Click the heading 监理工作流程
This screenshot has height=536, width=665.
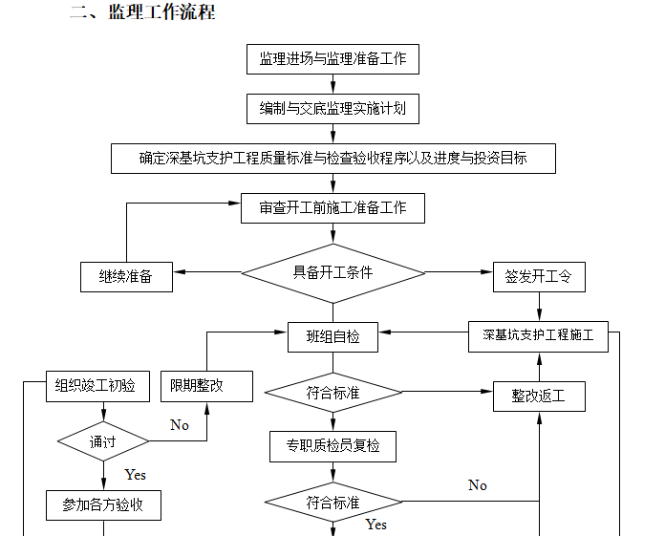[x=142, y=12]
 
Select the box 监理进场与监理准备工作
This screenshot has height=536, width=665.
[x=332, y=59]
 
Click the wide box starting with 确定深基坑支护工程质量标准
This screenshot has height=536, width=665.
[x=332, y=159]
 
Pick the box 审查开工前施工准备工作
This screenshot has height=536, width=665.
[x=332, y=208]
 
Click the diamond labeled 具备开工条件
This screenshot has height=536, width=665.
[x=332, y=273]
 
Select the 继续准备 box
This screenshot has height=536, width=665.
[x=125, y=277]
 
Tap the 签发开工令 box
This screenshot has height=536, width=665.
[x=539, y=277]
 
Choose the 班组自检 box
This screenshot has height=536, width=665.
[x=333, y=336]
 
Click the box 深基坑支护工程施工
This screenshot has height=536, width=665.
[x=538, y=336]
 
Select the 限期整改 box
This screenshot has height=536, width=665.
[x=206, y=387]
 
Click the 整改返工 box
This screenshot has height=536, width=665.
[x=539, y=396]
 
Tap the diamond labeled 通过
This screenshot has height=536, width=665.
[x=102, y=441]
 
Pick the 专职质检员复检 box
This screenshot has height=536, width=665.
[x=332, y=445]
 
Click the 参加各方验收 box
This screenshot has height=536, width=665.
[x=102, y=504]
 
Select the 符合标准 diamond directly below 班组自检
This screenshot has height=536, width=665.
[x=332, y=393]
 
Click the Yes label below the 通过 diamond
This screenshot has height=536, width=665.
[x=135, y=475]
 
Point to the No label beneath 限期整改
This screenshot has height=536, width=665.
[x=179, y=425]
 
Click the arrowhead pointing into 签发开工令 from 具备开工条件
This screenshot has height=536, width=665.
[x=486, y=273]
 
